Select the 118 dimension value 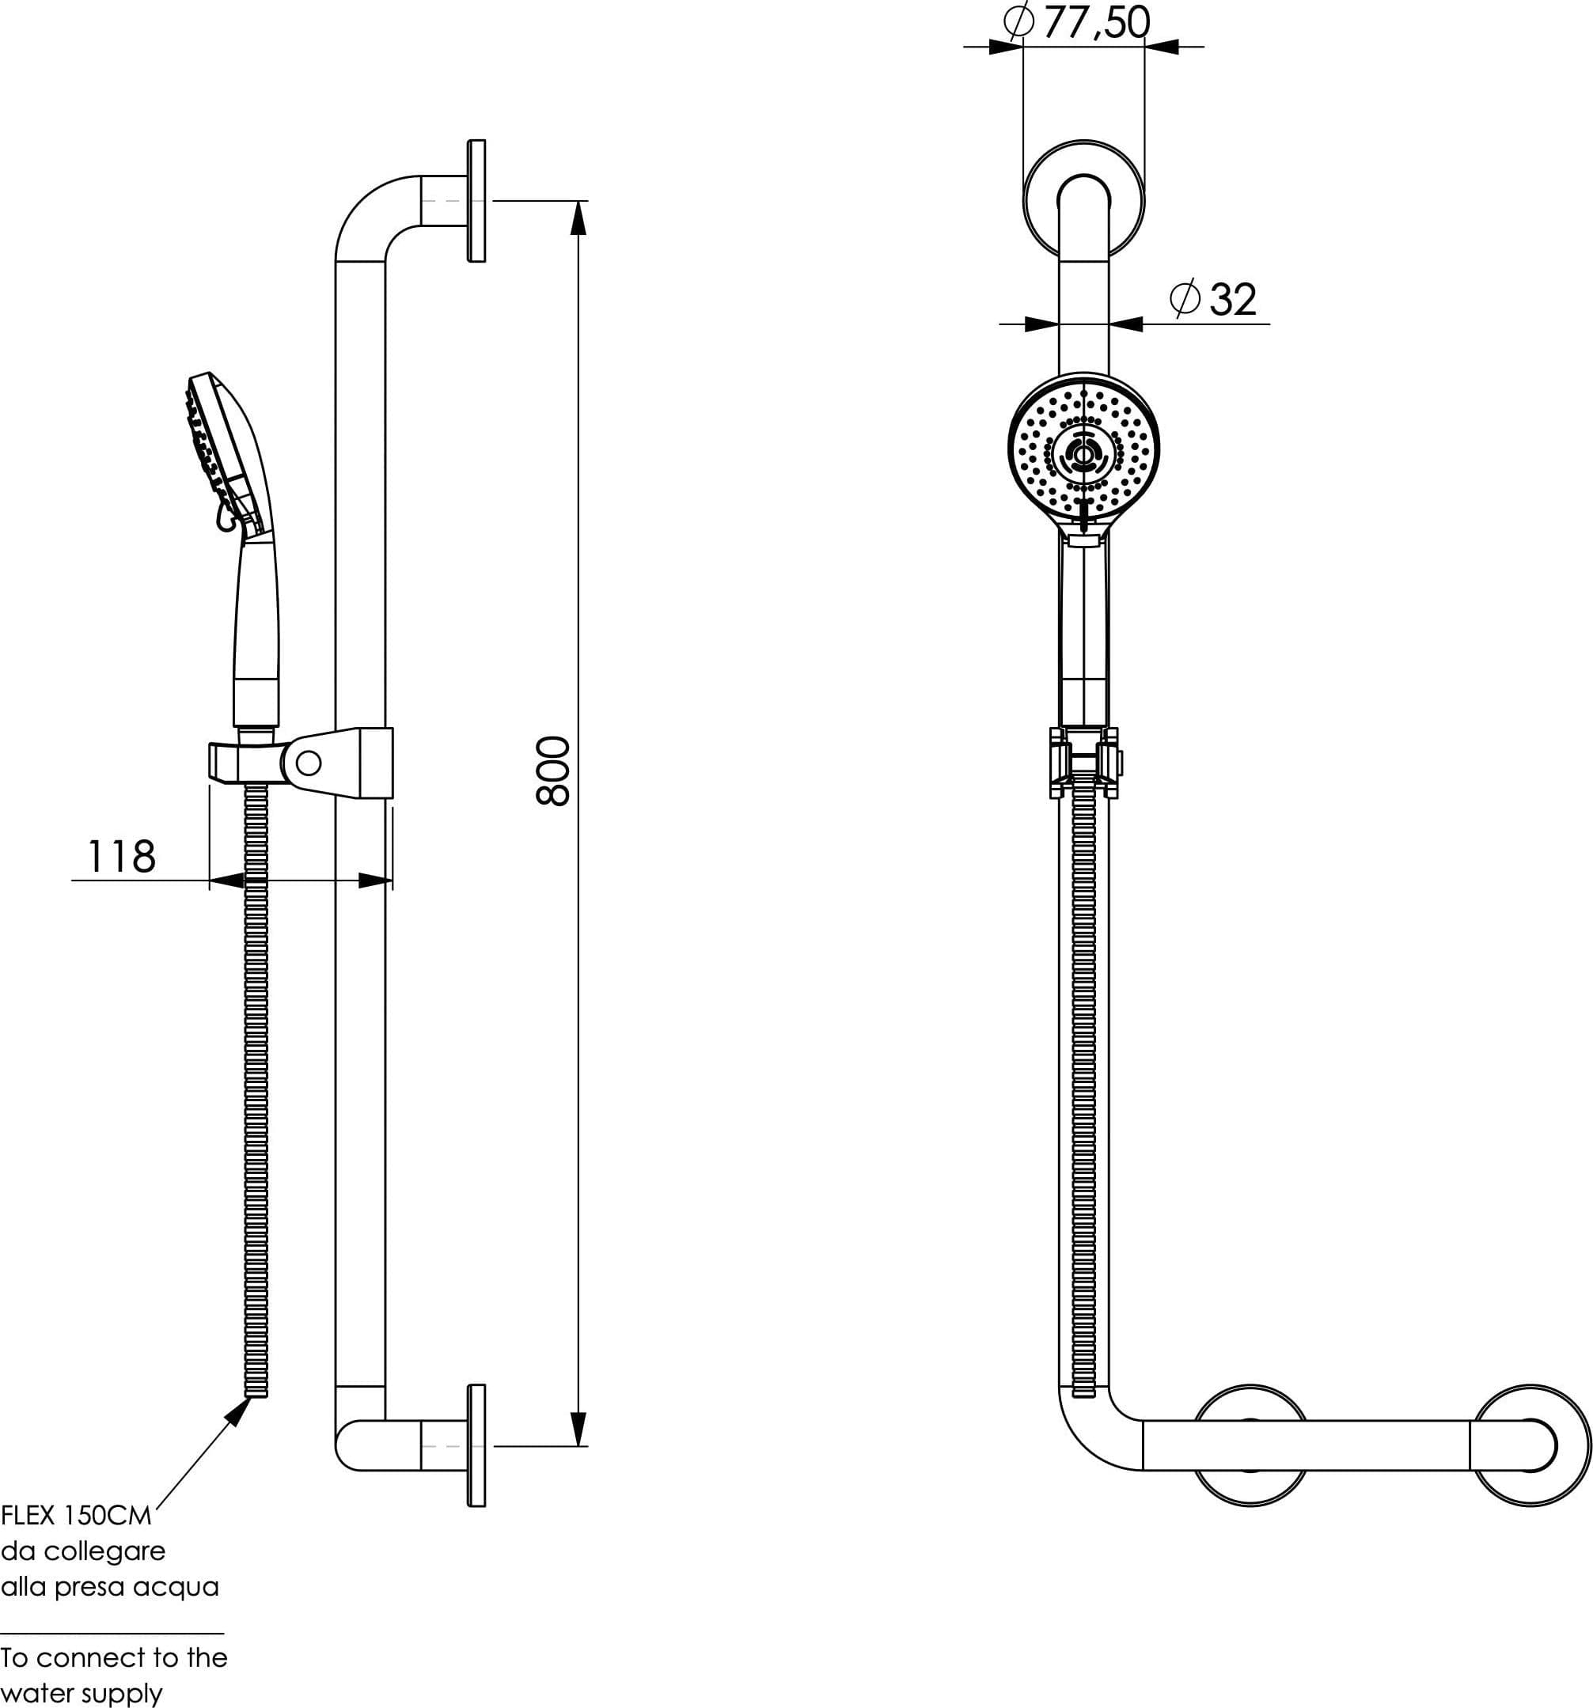(x=122, y=857)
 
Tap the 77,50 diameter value (x=1096, y=22)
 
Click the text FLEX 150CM (x=77, y=1515)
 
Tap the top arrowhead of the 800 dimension (x=578, y=218)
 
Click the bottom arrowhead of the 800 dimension (x=578, y=1429)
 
